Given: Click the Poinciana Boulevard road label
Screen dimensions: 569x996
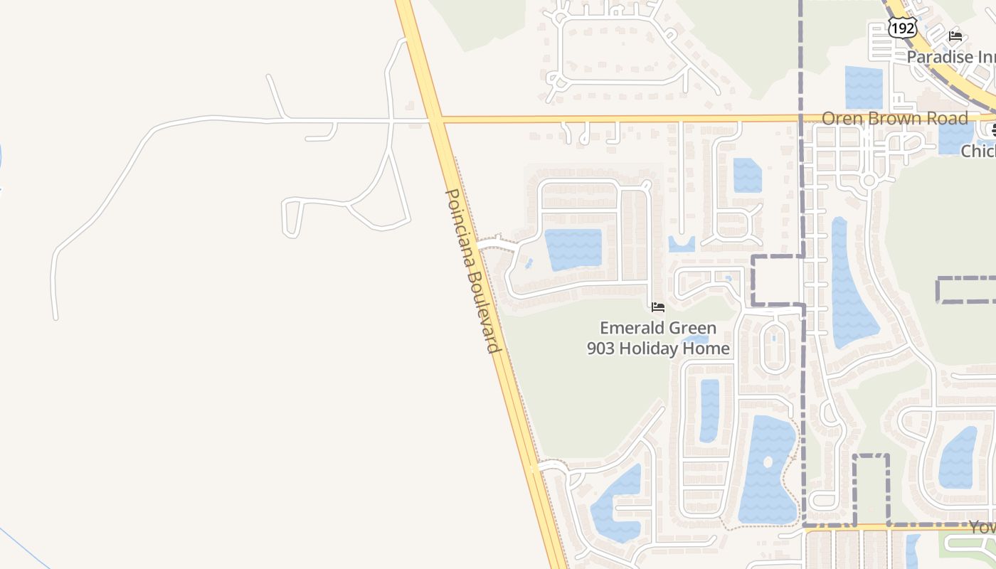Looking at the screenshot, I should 473,270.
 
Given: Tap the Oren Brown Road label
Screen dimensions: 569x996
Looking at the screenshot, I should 894,118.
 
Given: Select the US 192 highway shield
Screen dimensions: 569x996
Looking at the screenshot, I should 902,28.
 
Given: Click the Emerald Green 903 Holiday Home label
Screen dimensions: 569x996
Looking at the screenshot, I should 658,338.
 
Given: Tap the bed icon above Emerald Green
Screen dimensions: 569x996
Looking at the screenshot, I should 658,307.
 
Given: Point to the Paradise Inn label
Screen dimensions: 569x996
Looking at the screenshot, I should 950,56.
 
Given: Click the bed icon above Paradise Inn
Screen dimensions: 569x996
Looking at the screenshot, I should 955,36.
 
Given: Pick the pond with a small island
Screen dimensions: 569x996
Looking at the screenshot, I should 767,469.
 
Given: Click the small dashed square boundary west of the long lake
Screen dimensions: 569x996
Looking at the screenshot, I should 778,280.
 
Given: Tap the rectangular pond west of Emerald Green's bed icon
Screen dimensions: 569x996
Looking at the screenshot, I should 573,249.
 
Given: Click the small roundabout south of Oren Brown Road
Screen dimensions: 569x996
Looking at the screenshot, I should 868,181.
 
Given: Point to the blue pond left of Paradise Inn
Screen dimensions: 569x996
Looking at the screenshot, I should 864,87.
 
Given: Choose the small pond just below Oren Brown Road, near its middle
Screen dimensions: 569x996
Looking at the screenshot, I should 747,175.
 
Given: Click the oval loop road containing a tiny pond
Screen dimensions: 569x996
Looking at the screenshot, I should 773,348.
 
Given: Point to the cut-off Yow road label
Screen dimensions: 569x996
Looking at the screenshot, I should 982,527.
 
